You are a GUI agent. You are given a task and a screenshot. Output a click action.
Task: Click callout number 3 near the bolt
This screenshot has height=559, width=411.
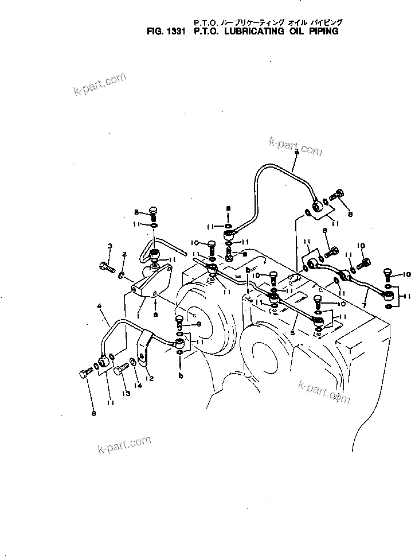[109, 247]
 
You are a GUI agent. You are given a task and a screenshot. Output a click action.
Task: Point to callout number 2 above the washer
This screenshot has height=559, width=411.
[123, 254]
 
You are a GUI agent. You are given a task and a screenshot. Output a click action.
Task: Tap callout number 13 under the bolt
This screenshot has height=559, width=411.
[126, 394]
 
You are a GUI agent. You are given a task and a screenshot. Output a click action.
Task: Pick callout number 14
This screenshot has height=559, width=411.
[137, 382]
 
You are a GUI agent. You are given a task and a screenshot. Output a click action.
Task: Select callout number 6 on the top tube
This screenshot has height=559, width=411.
[296, 153]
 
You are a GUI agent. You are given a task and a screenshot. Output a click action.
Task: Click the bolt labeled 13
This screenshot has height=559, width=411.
[120, 372]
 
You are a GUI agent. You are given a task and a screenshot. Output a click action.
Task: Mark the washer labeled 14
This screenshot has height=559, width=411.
[132, 362]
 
